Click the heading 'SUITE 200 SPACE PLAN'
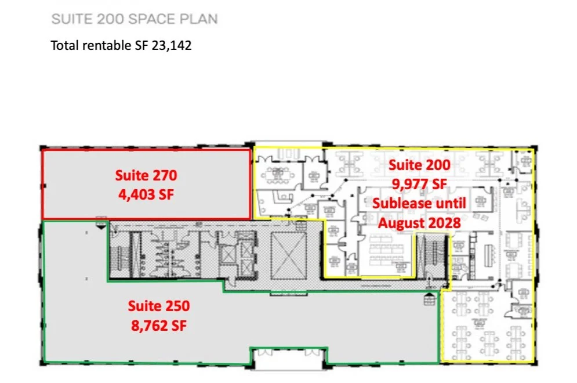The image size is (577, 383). [135, 19]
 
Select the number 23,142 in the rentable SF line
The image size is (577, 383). [171, 45]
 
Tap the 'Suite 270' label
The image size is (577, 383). [146, 175]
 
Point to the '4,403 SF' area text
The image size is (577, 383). [146, 194]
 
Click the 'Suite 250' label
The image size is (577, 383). [159, 305]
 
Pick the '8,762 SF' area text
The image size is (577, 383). [159, 326]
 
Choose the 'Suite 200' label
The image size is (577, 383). [419, 165]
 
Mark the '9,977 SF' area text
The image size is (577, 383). [419, 185]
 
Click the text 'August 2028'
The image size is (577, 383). [419, 222]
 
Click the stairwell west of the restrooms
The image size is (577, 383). [121, 254]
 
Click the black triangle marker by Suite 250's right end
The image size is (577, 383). [430, 299]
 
